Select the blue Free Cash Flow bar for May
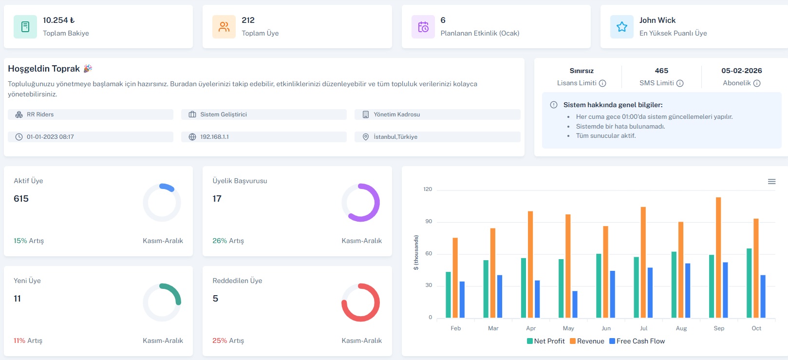click(x=575, y=304)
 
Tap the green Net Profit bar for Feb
click(x=448, y=295)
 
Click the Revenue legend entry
click(x=587, y=341)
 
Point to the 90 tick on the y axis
click(x=429, y=222)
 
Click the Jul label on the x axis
click(x=643, y=328)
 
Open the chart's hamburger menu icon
click(x=771, y=182)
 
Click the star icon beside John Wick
click(x=622, y=27)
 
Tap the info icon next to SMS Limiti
click(x=680, y=83)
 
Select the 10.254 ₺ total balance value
click(x=58, y=20)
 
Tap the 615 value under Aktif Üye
click(x=21, y=199)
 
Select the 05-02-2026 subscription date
click(x=741, y=71)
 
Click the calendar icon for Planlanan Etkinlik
click(x=423, y=27)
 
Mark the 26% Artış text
click(x=228, y=241)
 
